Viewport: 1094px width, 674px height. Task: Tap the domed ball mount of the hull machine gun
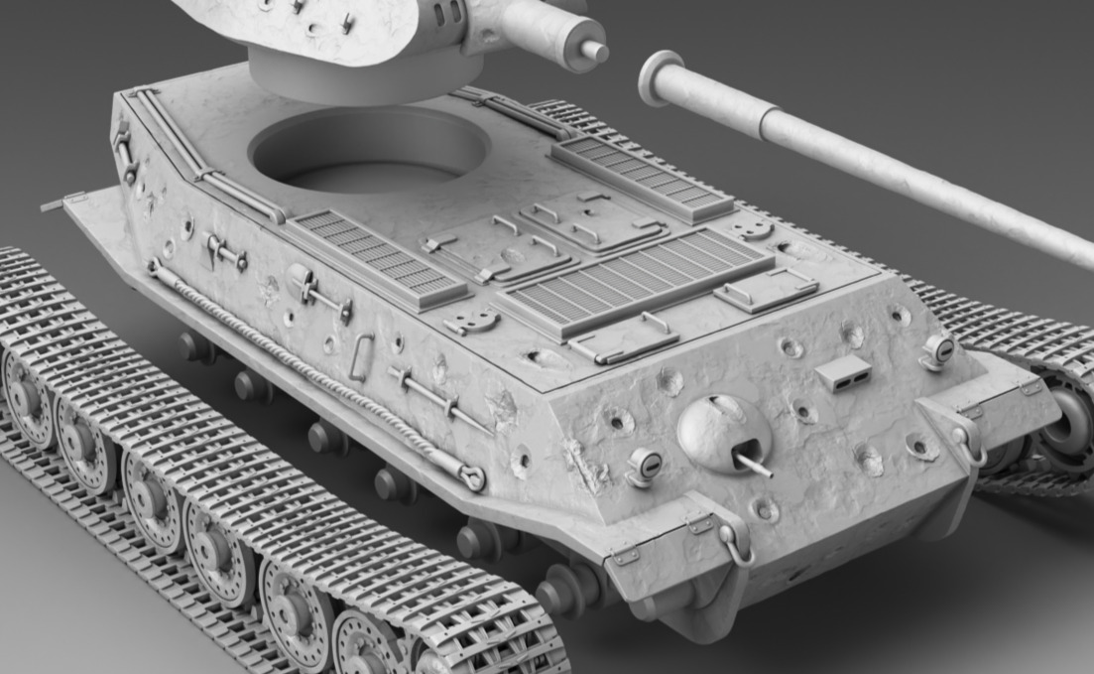[723, 432]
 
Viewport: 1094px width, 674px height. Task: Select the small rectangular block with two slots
[842, 373]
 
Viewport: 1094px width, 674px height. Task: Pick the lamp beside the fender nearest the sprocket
[937, 349]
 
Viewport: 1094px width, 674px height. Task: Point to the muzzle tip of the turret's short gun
[593, 50]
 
